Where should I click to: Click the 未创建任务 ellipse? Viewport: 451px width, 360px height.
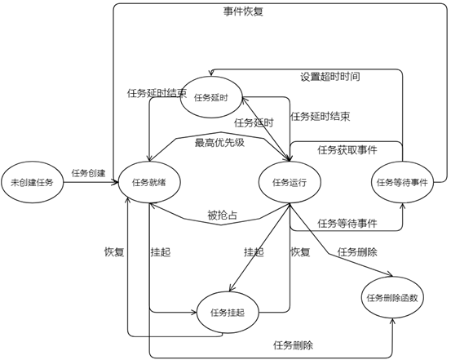(31, 182)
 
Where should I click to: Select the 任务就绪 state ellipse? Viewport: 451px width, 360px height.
(148, 182)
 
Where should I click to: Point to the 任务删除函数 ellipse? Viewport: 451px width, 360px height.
(392, 297)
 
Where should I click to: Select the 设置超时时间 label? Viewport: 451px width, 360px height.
(329, 77)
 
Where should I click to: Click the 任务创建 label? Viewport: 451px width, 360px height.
(88, 173)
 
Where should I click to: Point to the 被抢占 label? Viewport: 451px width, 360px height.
(222, 216)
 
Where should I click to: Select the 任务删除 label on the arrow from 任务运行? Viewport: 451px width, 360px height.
(356, 252)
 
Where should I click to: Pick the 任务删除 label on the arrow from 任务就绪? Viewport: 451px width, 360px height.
(294, 344)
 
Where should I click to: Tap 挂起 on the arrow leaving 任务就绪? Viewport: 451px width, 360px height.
(161, 252)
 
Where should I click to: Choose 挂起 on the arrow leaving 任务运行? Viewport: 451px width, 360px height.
(254, 252)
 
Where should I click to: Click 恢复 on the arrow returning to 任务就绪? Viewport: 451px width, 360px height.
(114, 252)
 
